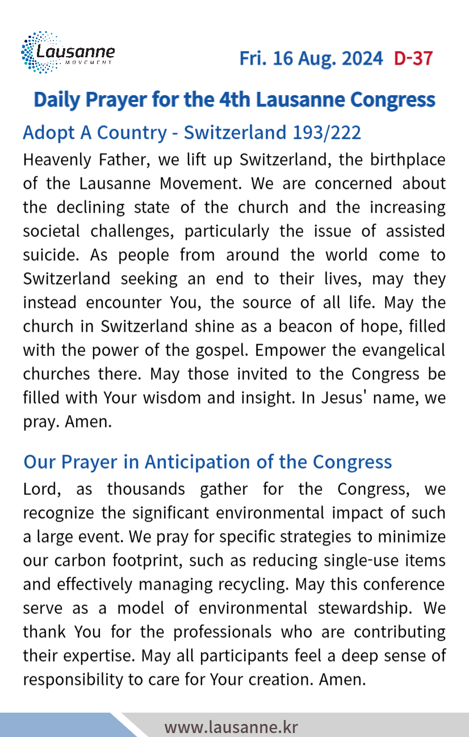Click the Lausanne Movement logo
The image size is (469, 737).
coord(68,53)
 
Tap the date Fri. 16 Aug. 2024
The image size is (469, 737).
coord(311,58)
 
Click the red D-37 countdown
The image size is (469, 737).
coord(413,58)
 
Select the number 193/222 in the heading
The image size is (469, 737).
coord(326,133)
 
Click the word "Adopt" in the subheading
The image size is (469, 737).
coord(48,133)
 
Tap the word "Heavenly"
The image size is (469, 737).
coord(59,160)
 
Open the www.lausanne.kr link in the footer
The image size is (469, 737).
coord(231,727)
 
